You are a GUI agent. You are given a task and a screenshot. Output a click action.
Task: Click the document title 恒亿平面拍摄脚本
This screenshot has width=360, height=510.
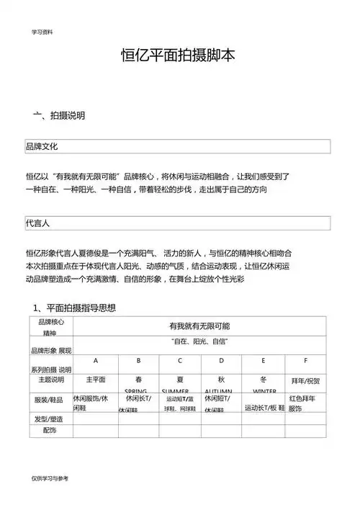180,57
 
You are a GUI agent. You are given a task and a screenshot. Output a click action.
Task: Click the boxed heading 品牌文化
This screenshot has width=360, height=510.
42,146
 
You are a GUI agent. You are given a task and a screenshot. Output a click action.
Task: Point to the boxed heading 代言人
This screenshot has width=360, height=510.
37,223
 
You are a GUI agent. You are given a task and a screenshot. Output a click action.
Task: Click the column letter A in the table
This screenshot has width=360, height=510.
96,360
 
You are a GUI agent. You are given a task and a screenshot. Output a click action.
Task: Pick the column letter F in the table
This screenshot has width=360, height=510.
306,360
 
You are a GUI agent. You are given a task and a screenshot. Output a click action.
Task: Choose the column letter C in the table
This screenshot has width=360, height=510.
180,360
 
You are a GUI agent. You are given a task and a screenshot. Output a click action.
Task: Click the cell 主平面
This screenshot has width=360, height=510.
96,380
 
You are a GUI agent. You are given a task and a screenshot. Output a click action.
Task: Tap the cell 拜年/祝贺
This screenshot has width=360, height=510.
305,380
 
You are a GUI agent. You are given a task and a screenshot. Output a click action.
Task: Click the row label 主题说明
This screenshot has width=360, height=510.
49,380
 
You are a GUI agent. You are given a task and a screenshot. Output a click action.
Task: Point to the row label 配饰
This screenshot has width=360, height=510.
49,430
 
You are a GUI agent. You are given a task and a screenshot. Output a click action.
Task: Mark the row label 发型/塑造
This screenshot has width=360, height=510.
49,419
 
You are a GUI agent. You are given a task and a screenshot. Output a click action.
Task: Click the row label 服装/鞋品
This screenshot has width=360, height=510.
49,399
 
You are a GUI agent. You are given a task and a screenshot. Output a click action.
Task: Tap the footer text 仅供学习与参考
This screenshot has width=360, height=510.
50,478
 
